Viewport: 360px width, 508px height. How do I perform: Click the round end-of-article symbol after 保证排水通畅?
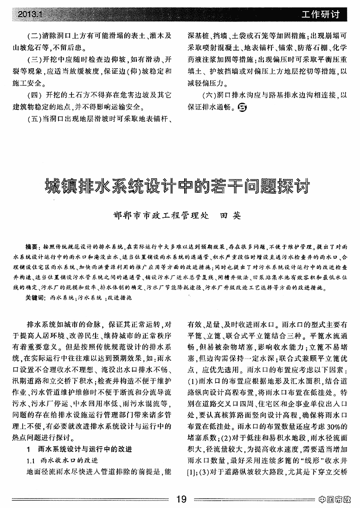242,108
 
